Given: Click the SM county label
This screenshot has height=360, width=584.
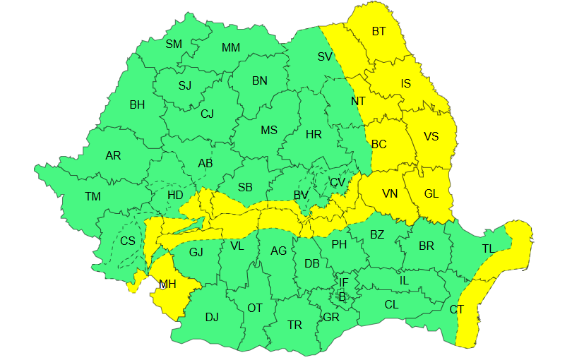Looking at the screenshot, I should pyautogui.click(x=174, y=44).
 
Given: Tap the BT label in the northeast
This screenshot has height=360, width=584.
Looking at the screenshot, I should pyautogui.click(x=379, y=31).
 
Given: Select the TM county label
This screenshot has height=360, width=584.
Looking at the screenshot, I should pyautogui.click(x=93, y=196).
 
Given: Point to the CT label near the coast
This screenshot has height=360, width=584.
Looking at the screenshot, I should pyautogui.click(x=457, y=309).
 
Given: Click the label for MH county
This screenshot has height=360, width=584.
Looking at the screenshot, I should pyautogui.click(x=167, y=285).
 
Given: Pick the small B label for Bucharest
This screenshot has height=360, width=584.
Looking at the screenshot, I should pyautogui.click(x=342, y=296).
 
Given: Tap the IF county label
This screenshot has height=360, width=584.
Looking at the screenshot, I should pyautogui.click(x=343, y=283).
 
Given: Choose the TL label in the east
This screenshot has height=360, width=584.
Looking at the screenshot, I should pyautogui.click(x=488, y=248).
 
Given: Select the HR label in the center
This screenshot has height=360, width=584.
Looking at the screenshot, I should pyautogui.click(x=313, y=134).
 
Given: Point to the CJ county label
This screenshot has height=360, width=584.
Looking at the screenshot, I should pyautogui.click(x=207, y=114).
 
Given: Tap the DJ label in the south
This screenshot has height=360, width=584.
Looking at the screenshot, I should pyautogui.click(x=212, y=317).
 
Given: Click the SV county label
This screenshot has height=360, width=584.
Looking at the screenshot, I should pyautogui.click(x=325, y=56).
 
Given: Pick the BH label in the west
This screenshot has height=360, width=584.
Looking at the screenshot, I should pyautogui.click(x=137, y=104).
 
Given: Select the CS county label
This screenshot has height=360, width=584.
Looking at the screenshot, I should pyautogui.click(x=128, y=241).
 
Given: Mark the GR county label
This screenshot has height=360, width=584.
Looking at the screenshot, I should pyautogui.click(x=331, y=317).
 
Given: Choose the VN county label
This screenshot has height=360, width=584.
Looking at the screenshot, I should pyautogui.click(x=390, y=193).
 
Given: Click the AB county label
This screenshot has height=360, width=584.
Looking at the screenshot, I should pyautogui.click(x=205, y=163).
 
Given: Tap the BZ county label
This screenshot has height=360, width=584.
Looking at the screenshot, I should pyautogui.click(x=377, y=234).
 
